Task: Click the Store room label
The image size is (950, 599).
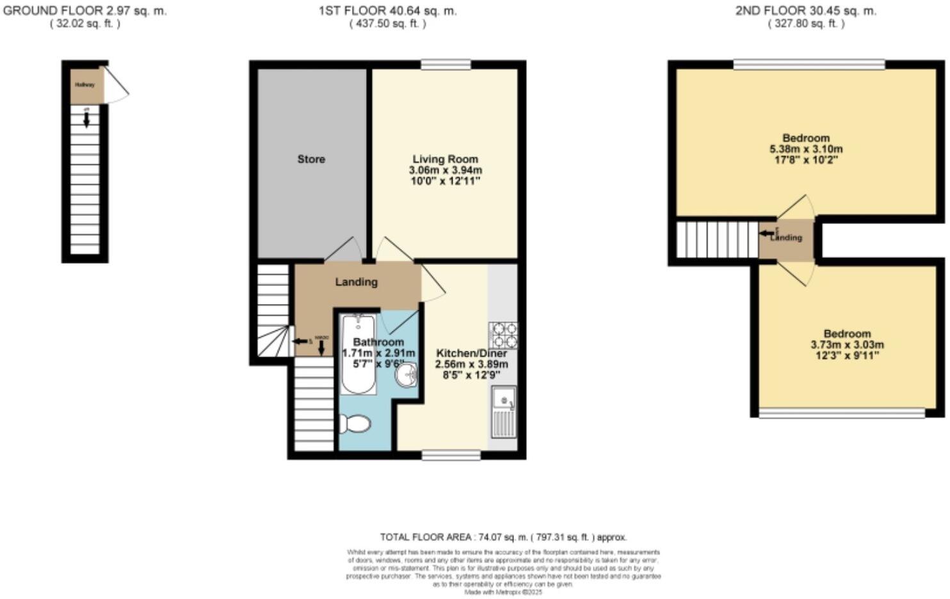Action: click(311, 159)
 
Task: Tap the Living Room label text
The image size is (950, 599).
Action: click(445, 159)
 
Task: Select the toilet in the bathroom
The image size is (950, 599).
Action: click(354, 423)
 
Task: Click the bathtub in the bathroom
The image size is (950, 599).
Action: click(358, 354)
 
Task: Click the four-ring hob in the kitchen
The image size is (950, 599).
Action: click(503, 335)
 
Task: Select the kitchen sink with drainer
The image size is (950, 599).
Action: click(503, 411)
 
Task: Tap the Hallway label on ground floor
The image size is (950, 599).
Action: click(85, 84)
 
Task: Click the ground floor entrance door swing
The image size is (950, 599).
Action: click(117, 86)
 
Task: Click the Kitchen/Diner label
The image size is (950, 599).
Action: click(471, 353)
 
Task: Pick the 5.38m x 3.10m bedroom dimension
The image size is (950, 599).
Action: click(806, 149)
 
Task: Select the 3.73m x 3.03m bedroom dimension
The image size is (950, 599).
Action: click(847, 345)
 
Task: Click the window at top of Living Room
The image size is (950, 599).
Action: click(446, 65)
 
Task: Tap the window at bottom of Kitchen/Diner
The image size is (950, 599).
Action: click(451, 455)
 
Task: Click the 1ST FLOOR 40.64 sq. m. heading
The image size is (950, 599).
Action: click(387, 11)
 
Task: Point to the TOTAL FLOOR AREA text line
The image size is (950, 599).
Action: click(503, 538)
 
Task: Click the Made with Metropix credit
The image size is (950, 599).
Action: click(503, 593)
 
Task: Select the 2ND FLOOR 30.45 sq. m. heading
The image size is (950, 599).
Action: click(805, 11)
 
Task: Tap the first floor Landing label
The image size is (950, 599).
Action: click(356, 282)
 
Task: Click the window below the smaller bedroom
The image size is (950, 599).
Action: click(842, 413)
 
